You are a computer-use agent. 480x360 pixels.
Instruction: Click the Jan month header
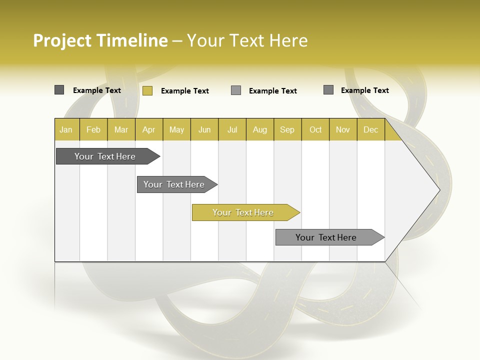(x=66, y=130)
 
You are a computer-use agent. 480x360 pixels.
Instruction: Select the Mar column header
(x=121, y=130)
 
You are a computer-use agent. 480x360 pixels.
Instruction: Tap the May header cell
(x=176, y=130)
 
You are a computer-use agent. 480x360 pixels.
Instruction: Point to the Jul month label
(x=232, y=130)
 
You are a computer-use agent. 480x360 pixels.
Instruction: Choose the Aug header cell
(x=259, y=130)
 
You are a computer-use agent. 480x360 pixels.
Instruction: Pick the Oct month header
(x=315, y=130)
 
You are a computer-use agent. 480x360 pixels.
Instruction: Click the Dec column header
(x=370, y=130)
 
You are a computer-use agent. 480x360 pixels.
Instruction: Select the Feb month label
(x=93, y=130)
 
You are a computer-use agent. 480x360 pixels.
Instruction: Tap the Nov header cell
(x=343, y=130)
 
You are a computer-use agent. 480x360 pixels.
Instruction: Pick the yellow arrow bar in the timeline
(x=243, y=212)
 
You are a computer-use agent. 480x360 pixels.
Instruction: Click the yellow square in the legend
(x=147, y=90)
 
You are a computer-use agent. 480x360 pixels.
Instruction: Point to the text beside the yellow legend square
(x=185, y=91)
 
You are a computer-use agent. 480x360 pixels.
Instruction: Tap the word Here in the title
(x=288, y=40)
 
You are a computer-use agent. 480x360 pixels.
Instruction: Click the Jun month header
(x=204, y=130)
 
